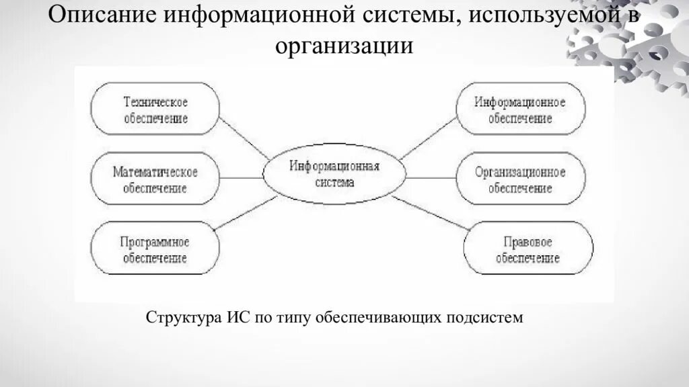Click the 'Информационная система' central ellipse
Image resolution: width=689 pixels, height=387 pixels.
coord(334,174)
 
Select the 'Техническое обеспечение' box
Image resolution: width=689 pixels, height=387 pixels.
coord(155,109)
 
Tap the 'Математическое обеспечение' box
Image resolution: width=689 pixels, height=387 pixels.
coord(155,179)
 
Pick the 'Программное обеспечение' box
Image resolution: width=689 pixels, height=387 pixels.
coord(155,249)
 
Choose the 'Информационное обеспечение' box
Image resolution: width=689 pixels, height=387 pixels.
coord(520,110)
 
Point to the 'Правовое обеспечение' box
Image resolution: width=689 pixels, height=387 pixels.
coord(528,249)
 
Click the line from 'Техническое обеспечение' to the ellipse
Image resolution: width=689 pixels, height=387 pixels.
coord(244,139)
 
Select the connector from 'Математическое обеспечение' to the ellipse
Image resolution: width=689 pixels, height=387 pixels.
coord(241,178)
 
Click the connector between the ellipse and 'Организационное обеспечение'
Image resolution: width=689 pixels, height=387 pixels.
coord(431,178)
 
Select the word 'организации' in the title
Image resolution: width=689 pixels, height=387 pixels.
coord(343,46)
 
